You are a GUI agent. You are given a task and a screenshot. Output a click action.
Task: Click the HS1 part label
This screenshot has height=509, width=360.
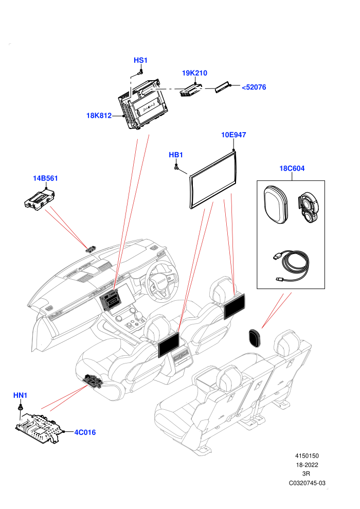pyautogui.click(x=140, y=60)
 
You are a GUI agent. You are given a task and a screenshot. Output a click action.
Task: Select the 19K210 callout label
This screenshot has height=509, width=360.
pyautogui.click(x=194, y=73)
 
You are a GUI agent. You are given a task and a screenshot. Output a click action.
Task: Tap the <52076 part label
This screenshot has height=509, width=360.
pyautogui.click(x=254, y=87)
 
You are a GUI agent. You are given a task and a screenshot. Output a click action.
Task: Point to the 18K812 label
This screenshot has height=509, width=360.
pyautogui.click(x=99, y=116)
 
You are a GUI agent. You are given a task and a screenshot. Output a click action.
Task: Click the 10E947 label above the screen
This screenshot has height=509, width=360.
pyautogui.click(x=233, y=135)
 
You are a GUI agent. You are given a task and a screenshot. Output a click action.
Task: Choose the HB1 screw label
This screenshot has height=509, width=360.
pyautogui.click(x=176, y=155)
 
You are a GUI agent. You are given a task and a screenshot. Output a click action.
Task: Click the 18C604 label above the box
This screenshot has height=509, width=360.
pyautogui.click(x=292, y=168)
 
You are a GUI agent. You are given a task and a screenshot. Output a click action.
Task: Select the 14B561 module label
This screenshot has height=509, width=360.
pyautogui.click(x=45, y=178)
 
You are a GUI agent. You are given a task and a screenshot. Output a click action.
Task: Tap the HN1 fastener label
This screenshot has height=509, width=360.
pyautogui.click(x=20, y=395)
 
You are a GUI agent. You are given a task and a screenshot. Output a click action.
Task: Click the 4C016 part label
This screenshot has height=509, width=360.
pyautogui.click(x=85, y=432)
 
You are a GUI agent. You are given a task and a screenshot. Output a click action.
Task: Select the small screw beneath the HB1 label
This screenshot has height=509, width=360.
pyautogui.click(x=176, y=167)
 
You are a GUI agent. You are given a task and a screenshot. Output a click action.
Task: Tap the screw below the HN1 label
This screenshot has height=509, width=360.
pyautogui.click(x=21, y=407)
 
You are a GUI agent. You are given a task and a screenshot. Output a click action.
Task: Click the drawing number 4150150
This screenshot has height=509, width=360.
pyautogui.click(x=307, y=456)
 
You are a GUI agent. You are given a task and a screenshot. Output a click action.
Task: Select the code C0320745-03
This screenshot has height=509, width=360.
pyautogui.click(x=307, y=483)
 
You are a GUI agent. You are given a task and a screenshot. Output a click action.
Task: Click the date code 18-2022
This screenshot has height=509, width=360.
pyautogui.click(x=307, y=465)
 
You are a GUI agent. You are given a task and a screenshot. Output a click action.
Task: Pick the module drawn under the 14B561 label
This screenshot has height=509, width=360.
pyautogui.click(x=40, y=199)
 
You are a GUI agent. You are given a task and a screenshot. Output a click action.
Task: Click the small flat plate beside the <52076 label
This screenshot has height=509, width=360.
pyautogui.click(x=223, y=87)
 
